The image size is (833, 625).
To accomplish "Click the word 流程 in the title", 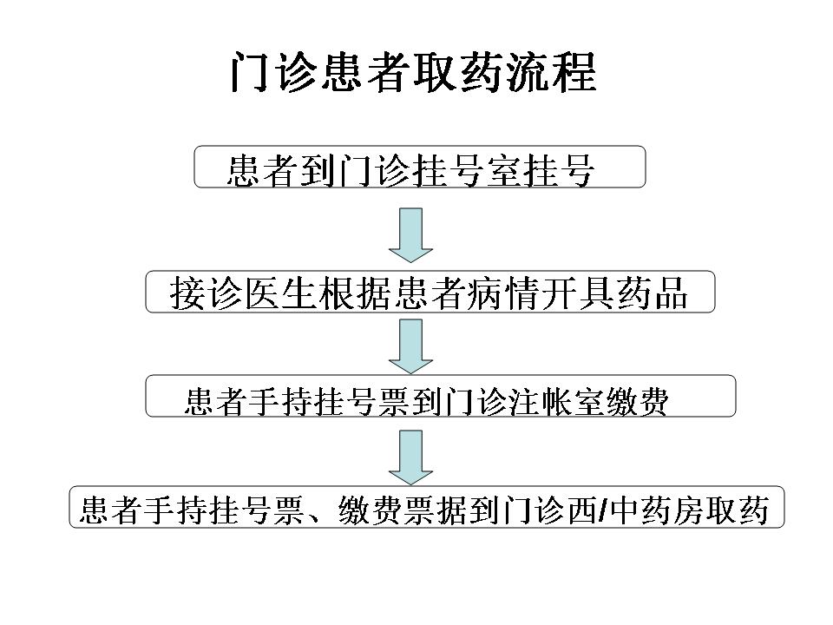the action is (550, 72).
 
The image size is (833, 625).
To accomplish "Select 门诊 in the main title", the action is (274, 72).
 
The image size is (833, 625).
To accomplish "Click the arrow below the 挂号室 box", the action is (410, 235).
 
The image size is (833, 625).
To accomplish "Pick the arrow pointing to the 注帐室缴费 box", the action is (410, 346).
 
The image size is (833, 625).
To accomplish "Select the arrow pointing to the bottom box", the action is (410, 457).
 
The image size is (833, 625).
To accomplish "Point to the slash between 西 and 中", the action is (603, 510).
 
